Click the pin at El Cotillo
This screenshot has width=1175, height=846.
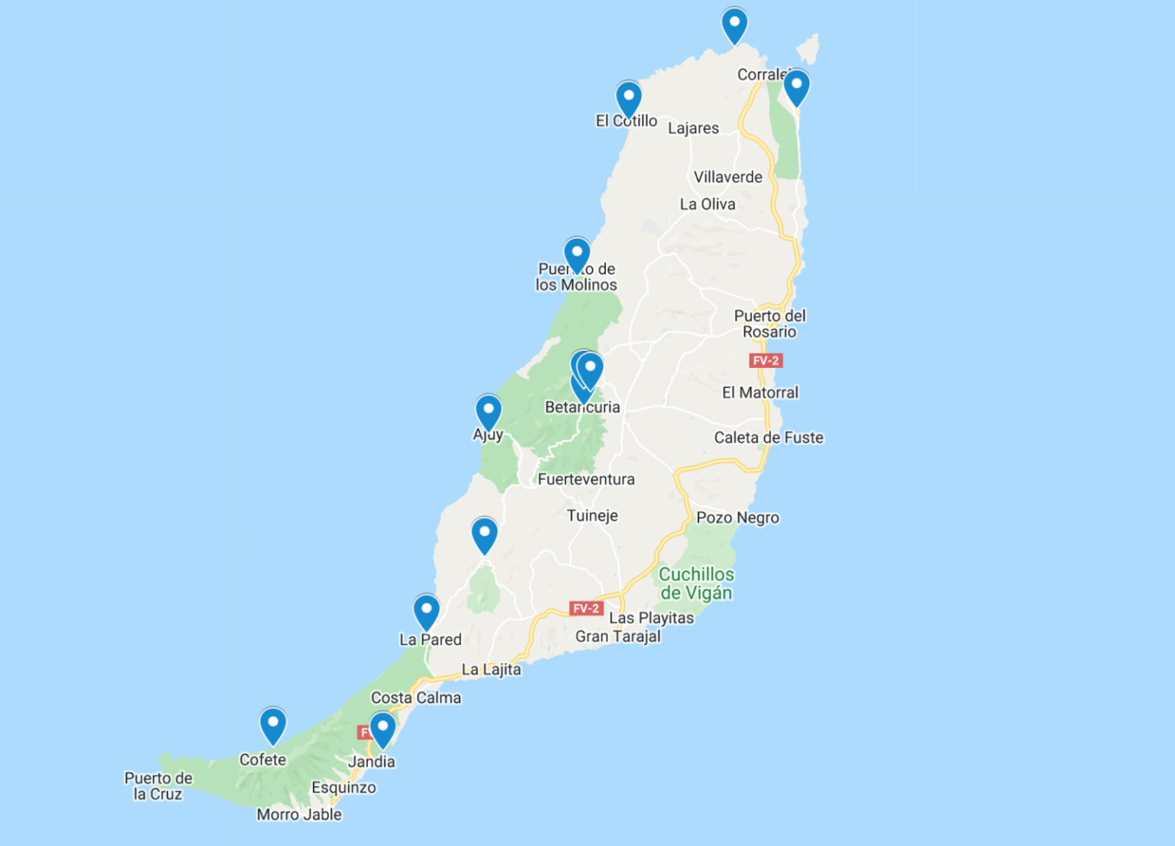(629, 98)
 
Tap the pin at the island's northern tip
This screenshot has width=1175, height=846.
(734, 24)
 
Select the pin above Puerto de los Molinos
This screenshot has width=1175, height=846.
(577, 254)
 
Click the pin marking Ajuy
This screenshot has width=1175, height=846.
(488, 412)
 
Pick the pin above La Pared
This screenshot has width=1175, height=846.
(426, 611)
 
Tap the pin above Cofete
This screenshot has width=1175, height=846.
(273, 724)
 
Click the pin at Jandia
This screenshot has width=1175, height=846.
(382, 729)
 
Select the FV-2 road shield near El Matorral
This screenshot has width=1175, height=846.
(765, 360)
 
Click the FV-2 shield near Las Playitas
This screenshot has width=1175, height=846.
(586, 608)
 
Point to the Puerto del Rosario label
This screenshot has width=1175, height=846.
(770, 324)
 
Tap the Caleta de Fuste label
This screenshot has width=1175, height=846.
(769, 438)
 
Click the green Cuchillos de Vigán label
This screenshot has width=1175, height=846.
(696, 584)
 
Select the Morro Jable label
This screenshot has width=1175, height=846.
(299, 815)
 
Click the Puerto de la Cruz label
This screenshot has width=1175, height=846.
(158, 786)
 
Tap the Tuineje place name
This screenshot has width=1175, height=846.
(592, 516)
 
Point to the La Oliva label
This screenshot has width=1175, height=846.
(708, 204)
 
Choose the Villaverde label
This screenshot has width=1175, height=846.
(727, 177)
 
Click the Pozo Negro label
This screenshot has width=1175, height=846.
(737, 518)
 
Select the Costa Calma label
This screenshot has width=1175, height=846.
(416, 698)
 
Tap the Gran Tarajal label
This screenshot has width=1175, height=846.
(617, 636)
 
